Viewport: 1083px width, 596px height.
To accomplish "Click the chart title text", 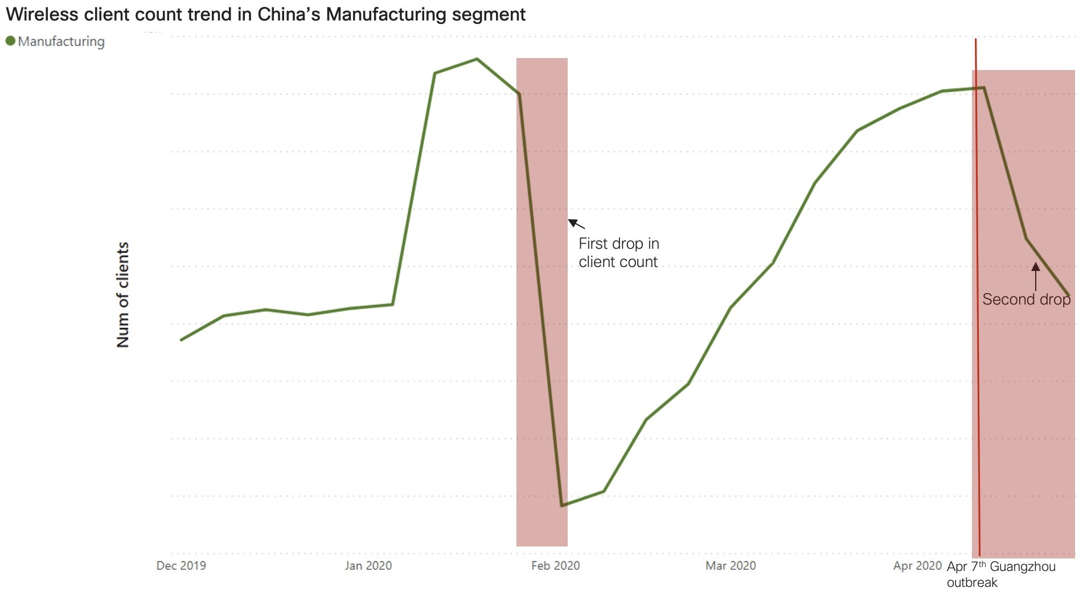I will coord(265,14).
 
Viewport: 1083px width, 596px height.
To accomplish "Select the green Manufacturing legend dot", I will coord(10,41).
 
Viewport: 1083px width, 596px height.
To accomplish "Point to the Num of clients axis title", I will coord(123,294).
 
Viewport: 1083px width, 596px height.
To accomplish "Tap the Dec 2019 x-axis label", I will coord(181,565).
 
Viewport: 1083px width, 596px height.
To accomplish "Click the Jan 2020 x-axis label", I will coord(368,565).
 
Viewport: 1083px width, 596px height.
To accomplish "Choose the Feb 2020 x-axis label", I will coord(555,565).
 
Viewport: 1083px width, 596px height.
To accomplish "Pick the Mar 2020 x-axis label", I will coord(731,565).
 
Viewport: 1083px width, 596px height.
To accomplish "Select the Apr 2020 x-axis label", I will coord(917,565).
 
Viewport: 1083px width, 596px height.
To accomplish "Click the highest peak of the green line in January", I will coord(477,59).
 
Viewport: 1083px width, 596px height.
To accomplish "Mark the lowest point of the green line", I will coord(562,505).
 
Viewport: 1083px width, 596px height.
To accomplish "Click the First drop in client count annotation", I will coord(618,252).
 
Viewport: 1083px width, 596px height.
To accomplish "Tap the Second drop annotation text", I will coord(1026,299).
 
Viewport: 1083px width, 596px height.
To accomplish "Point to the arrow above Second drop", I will coord(1035,276).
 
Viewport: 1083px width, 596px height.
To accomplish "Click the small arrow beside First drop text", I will coord(576,223).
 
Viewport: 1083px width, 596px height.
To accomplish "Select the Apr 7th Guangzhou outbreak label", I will coord(1000,574).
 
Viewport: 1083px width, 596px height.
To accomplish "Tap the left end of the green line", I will coord(181,340).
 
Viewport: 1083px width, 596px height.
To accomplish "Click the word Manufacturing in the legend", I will coord(61,42).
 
